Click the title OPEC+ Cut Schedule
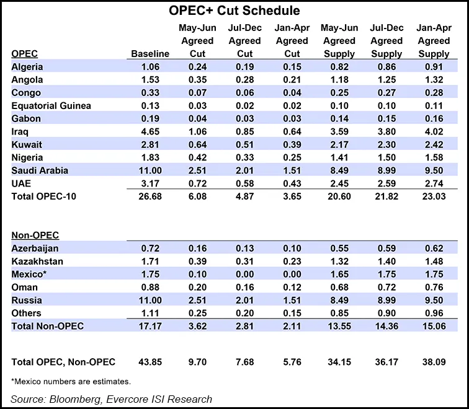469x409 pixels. coord(234,11)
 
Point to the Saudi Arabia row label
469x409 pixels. coord(40,170)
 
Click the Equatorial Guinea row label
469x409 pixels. coord(51,105)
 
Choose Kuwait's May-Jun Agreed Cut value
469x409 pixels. coord(197,144)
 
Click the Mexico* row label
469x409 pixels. coord(30,274)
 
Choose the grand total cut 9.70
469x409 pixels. coord(197,361)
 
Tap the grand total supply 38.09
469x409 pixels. coord(432,361)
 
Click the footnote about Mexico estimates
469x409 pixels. coord(71,381)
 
